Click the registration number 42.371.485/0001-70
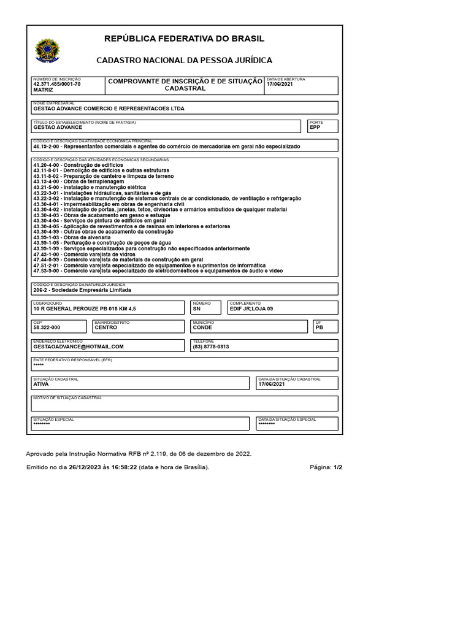click(x=56, y=84)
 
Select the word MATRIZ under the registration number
click(x=44, y=90)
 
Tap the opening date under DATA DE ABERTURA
click(x=280, y=84)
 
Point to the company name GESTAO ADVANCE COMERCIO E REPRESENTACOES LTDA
click(x=109, y=109)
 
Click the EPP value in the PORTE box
click(x=315, y=127)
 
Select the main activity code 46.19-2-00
click(x=47, y=147)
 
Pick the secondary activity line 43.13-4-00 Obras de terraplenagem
click(x=78, y=182)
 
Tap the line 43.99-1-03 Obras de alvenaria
click(x=72, y=237)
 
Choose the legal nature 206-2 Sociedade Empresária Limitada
click(x=82, y=290)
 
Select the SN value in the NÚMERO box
click(x=197, y=309)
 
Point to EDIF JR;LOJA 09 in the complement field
click(x=251, y=309)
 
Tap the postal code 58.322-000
click(x=47, y=327)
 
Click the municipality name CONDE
click(x=202, y=327)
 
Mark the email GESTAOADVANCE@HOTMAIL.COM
click(x=78, y=347)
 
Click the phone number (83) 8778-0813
click(x=211, y=347)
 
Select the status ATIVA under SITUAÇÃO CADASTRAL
click(x=41, y=384)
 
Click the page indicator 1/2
click(x=338, y=467)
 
